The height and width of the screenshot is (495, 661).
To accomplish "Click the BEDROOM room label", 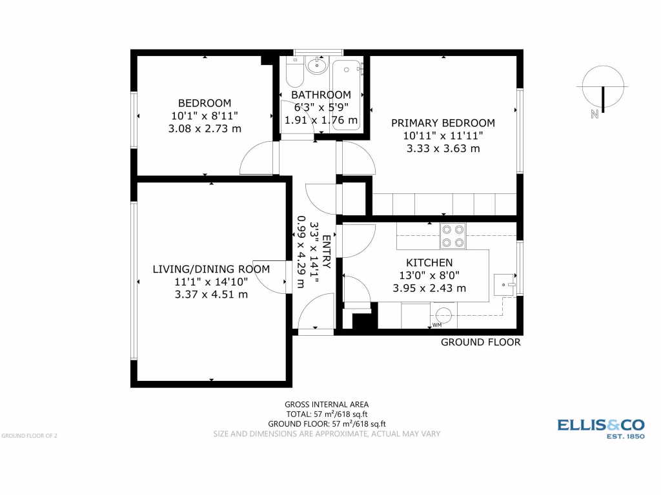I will (205, 103).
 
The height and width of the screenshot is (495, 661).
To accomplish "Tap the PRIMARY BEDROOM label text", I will (443, 123).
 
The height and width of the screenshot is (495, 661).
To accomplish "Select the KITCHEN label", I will (429, 263).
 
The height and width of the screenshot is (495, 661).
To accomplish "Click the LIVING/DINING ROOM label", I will (211, 269).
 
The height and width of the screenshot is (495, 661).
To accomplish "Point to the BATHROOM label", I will (321, 95).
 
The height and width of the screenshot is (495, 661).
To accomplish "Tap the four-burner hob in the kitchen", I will (453, 236).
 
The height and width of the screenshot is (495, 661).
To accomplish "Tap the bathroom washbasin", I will (316, 64).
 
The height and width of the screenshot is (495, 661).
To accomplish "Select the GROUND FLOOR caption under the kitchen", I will (480, 342).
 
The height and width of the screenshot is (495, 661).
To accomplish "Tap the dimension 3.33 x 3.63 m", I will (443, 148).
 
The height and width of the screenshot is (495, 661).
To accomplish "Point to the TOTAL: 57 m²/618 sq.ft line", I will (327, 414).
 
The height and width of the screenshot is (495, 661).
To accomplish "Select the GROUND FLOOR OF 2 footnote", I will (30, 436).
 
